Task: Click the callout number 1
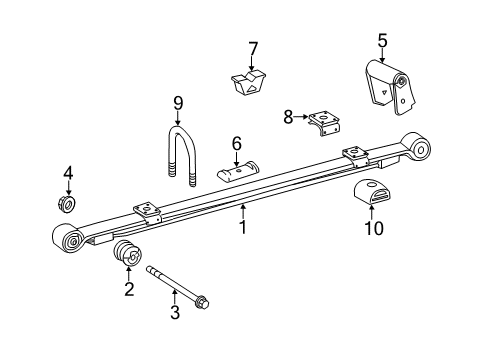click(243, 229)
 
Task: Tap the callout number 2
click(128, 289)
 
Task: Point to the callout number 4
click(68, 173)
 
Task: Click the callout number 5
click(381, 41)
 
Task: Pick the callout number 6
click(237, 143)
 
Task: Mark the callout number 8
click(289, 117)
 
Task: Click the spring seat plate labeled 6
click(240, 173)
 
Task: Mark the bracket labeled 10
click(372, 195)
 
